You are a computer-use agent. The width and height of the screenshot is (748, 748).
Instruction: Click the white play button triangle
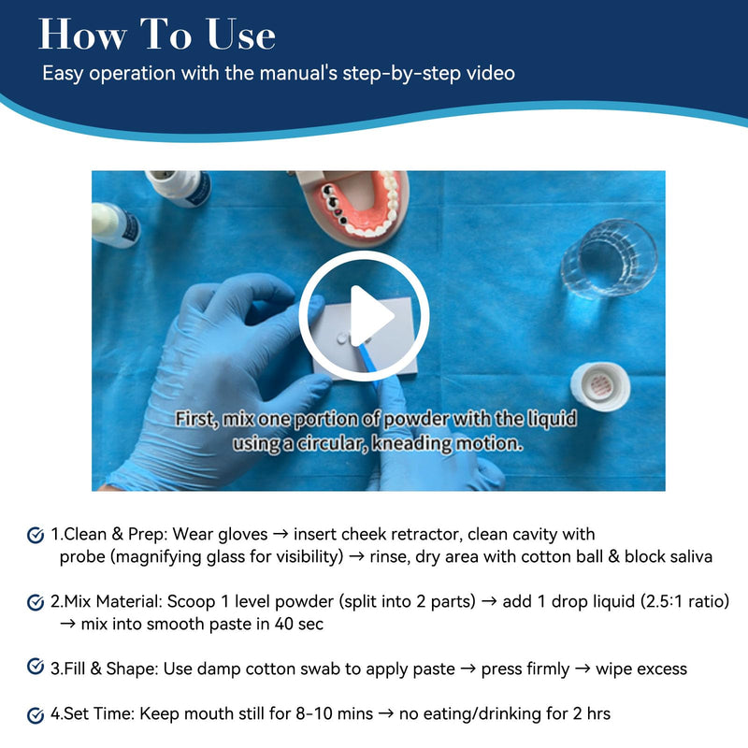pyautogui.click(x=369, y=316)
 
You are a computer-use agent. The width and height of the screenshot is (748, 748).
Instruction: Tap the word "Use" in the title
pyautogui.click(x=241, y=35)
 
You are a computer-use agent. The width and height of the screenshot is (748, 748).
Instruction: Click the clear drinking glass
pyautogui.click(x=610, y=259)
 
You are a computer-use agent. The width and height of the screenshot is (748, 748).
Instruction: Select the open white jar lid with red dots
pyautogui.click(x=600, y=385)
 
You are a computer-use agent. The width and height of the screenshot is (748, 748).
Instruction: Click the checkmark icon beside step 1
pyautogui.click(x=36, y=535)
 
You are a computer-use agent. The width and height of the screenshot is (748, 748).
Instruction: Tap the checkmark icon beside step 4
pyautogui.click(x=36, y=715)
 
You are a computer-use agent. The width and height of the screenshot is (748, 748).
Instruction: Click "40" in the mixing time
pyautogui.click(x=283, y=624)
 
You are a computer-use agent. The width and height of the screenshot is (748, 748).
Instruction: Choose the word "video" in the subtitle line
pyautogui.click(x=490, y=73)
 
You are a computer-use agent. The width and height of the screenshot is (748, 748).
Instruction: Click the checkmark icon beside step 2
pyautogui.click(x=36, y=602)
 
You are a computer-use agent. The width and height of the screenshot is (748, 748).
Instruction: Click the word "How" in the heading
pyautogui.click(x=82, y=35)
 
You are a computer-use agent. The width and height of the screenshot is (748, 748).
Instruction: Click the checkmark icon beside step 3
pyautogui.click(x=36, y=667)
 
